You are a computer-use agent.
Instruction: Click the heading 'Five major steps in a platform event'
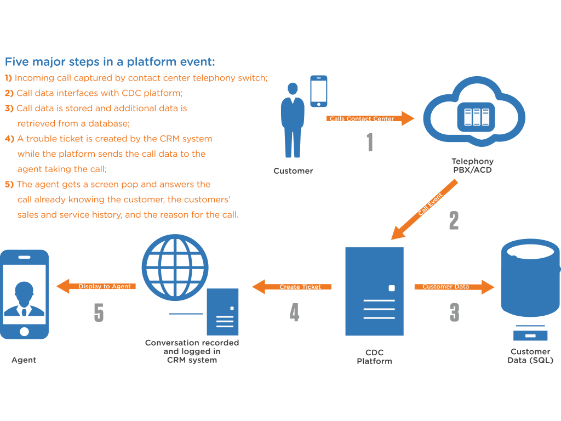point(110,61)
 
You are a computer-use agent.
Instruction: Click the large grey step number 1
point(370,142)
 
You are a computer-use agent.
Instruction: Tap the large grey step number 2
point(454,220)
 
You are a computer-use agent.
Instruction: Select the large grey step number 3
point(454,312)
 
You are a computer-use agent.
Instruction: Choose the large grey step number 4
point(295,312)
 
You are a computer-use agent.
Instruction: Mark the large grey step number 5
point(99,313)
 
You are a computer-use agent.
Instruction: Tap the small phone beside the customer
point(319,92)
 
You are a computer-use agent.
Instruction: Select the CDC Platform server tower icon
point(374,291)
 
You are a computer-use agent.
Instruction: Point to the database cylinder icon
point(530,280)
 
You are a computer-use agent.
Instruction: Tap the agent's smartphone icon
point(24,294)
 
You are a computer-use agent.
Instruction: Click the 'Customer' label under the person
point(293,171)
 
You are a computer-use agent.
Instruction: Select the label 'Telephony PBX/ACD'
point(472,166)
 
